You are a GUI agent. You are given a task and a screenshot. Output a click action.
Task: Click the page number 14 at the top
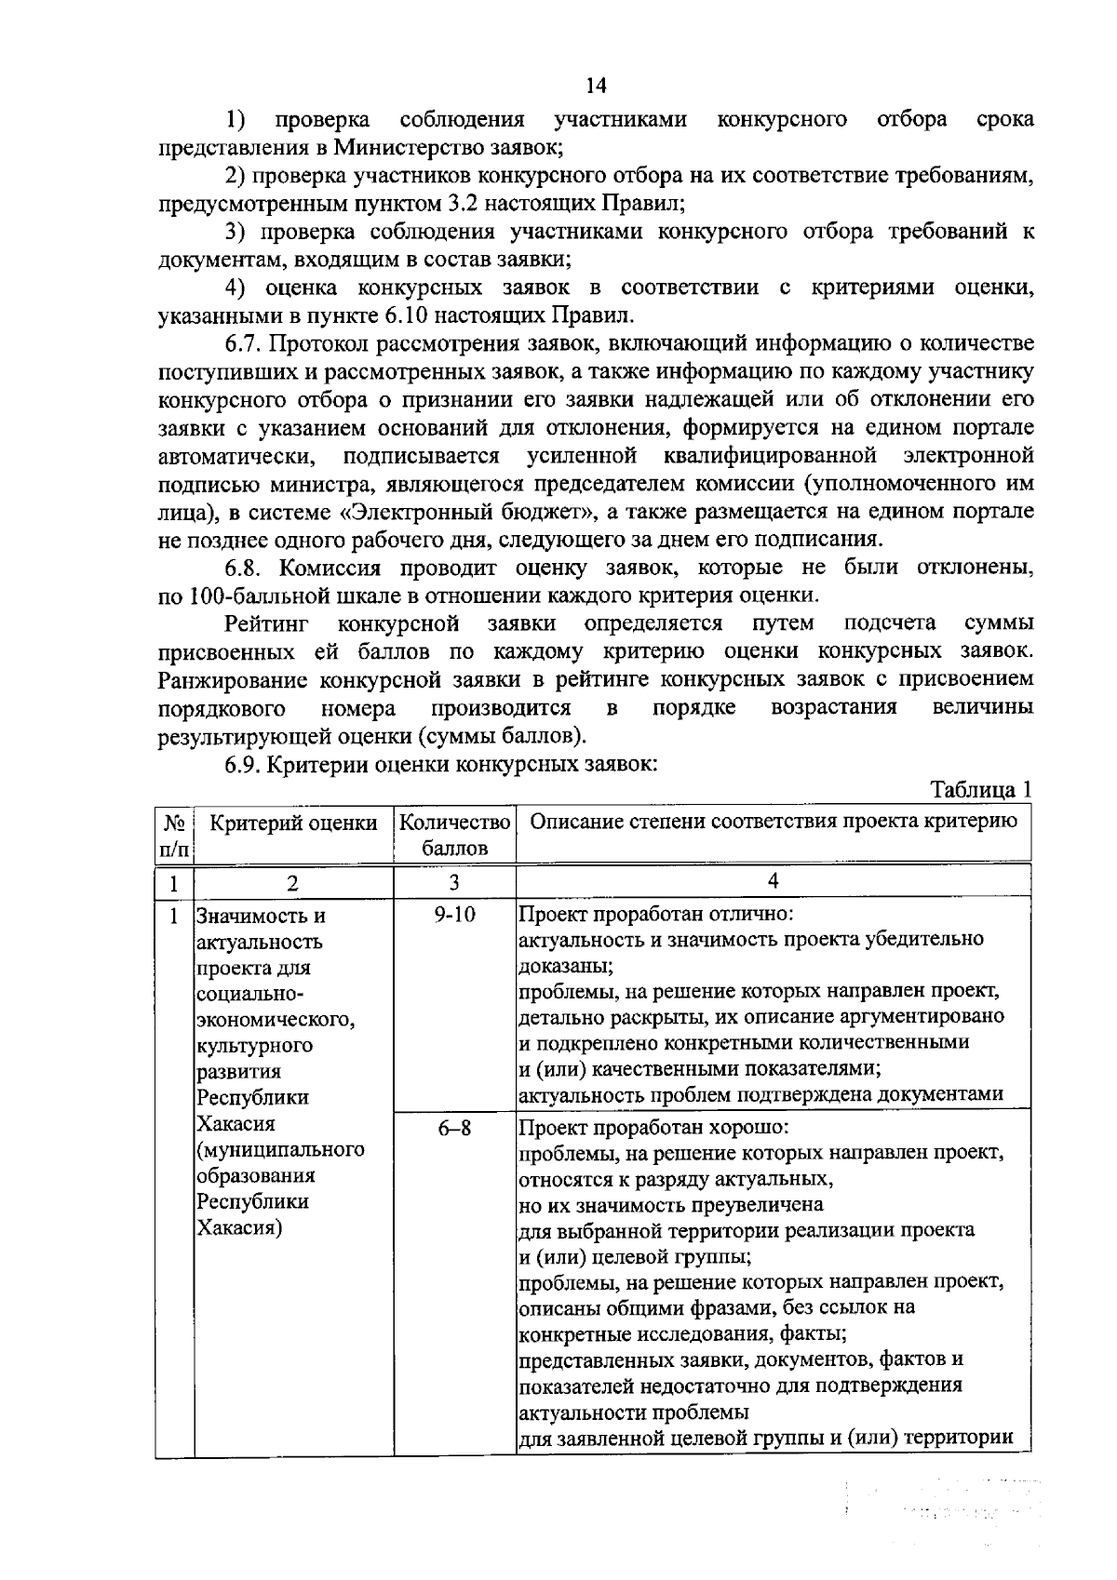[596, 86]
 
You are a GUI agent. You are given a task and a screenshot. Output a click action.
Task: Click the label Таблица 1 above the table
[982, 790]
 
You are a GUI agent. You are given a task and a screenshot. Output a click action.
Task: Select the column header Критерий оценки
[293, 823]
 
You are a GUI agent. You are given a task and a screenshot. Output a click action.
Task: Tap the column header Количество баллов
[454, 835]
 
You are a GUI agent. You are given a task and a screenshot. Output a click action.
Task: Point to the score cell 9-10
[454, 915]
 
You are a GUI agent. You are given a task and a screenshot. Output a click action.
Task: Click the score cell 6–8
[454, 1128]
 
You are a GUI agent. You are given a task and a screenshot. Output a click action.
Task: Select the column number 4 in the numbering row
[773, 880]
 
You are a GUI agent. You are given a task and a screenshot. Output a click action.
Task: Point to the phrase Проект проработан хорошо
[653, 1128]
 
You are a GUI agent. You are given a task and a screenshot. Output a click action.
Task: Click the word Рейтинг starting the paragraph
[266, 623]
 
